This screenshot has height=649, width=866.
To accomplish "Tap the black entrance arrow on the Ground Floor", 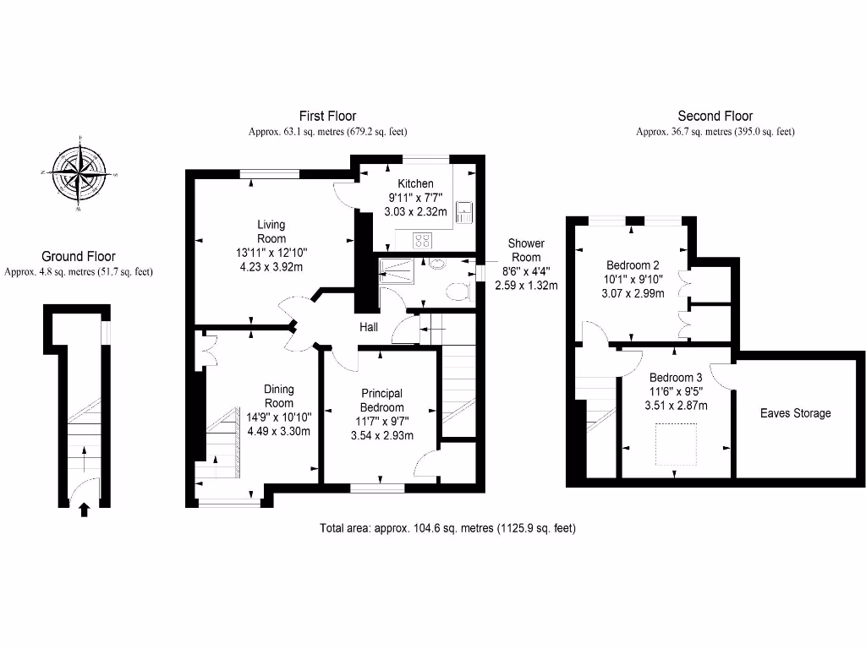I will coord(83,508).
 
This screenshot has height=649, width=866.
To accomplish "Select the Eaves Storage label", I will coord(795,413).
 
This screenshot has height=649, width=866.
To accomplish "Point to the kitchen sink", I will coord(463,211).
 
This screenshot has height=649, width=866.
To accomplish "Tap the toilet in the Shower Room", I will coord(458,292).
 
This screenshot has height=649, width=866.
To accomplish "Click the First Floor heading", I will coord(327,116).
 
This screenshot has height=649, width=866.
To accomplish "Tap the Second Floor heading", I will coord(715,116).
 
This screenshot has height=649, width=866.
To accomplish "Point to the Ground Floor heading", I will coord(79,256).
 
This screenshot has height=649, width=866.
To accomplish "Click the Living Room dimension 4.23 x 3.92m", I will coord(271,267).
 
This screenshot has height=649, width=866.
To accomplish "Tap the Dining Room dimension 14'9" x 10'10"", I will coord(279,417).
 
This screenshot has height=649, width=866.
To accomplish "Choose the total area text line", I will coord(447,528).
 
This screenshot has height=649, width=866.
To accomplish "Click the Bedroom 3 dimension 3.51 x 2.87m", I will coord(676,406).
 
